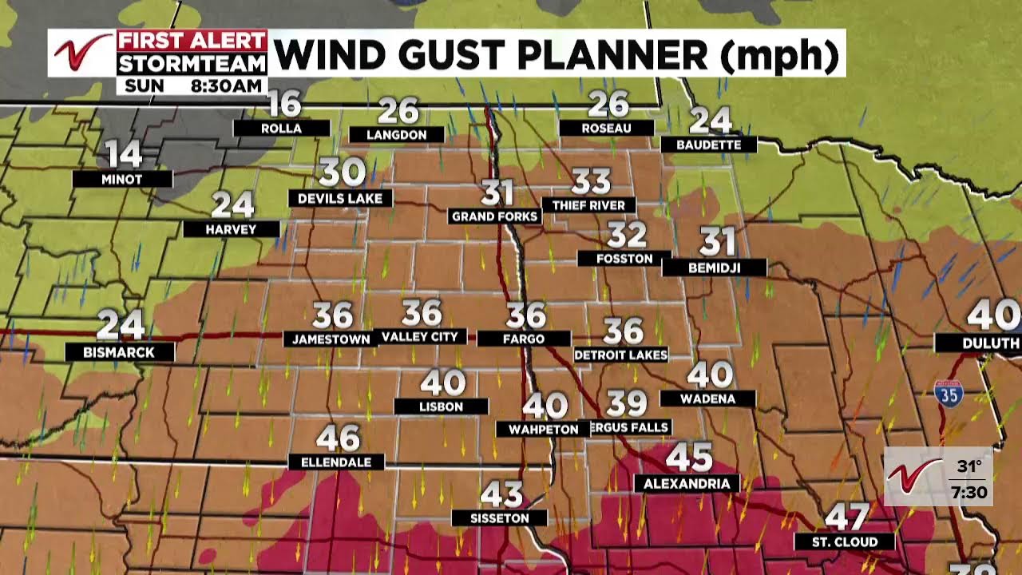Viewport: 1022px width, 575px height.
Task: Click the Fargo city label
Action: (524, 339)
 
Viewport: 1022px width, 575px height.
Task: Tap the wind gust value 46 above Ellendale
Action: (338, 438)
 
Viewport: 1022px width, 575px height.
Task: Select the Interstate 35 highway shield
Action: (948, 392)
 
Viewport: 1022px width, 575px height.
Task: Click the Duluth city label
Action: (979, 343)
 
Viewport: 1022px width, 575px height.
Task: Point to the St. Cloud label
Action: (844, 542)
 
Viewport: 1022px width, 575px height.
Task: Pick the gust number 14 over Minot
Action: (123, 155)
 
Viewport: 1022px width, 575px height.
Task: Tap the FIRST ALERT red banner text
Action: (192, 41)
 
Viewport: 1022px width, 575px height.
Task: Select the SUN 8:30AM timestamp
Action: (192, 85)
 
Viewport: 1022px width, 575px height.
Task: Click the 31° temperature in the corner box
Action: (969, 466)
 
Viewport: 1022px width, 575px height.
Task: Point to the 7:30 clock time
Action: (969, 492)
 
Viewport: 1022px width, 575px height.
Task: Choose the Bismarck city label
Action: (119, 352)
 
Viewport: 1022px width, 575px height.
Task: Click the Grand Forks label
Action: (494, 216)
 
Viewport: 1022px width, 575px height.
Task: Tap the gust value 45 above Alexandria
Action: (688, 458)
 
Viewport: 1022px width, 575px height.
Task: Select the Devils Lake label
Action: (340, 198)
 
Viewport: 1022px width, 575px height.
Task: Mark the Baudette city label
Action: (709, 145)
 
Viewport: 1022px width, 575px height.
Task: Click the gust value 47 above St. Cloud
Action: (846, 517)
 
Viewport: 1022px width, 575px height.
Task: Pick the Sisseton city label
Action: (499, 518)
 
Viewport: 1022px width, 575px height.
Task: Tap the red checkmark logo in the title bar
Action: (81, 53)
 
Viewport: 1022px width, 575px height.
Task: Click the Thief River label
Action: (589, 205)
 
